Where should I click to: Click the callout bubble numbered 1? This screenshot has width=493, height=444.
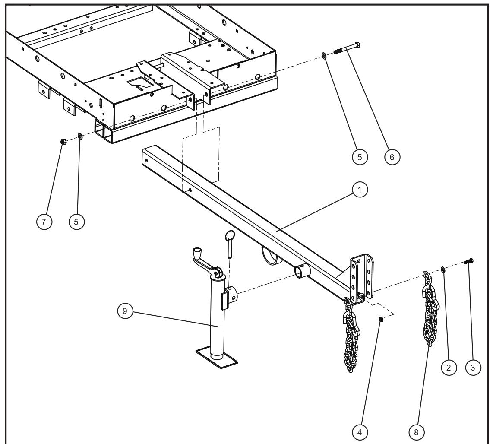pos(360,189)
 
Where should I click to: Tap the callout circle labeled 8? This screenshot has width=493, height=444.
pos(416,432)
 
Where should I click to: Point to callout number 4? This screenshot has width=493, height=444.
pos(360,432)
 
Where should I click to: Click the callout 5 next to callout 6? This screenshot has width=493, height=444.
pos(359,157)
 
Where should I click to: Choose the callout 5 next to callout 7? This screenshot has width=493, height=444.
pos(76,222)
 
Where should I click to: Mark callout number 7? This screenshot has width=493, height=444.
pos(44,222)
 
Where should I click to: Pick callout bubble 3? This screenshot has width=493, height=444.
pos(473,367)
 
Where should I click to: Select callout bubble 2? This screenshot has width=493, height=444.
pos(449,367)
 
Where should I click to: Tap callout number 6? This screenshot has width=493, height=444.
pos(392,157)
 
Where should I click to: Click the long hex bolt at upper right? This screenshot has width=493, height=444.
pos(348,48)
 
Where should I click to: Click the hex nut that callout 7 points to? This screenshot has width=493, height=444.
pos(63,141)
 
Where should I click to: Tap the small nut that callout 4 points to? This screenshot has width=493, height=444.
pos(381,320)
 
